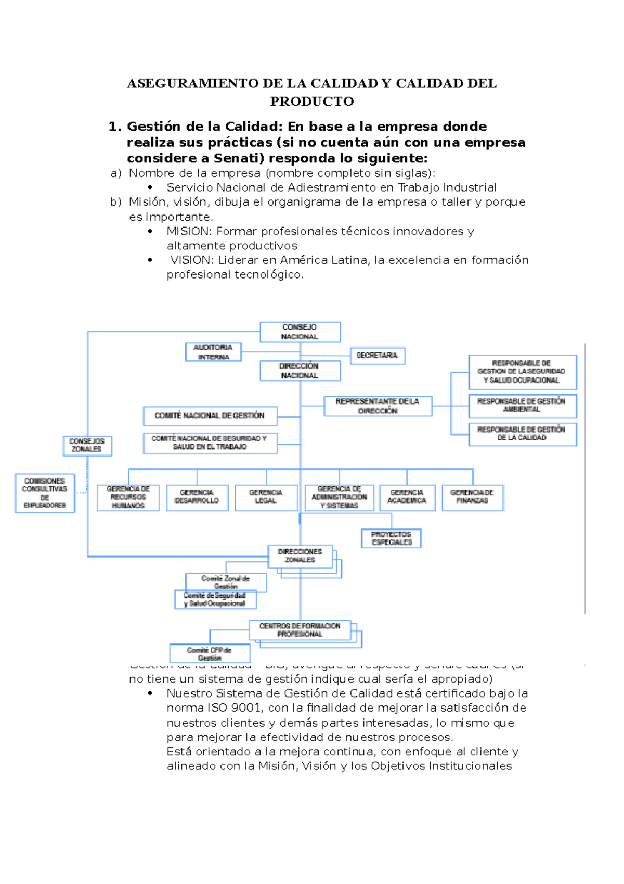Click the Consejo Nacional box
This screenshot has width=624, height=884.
[x=300, y=332]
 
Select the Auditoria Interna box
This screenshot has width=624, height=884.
[x=213, y=352]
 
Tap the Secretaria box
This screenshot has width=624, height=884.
[x=377, y=356]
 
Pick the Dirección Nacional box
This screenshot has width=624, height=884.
[x=300, y=371]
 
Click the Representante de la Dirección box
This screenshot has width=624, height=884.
[x=378, y=406]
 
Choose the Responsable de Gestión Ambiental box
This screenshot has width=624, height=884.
[x=522, y=406]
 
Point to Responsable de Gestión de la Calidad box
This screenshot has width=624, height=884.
[x=522, y=434]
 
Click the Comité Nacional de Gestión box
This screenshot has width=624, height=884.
[x=210, y=415]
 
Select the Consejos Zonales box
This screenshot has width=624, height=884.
[x=87, y=446]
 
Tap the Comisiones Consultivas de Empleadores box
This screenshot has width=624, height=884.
[x=45, y=492]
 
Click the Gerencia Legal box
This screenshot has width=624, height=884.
[x=266, y=497]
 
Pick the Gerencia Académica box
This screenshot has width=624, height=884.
[x=407, y=497]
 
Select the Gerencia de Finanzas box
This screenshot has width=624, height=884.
[x=472, y=497]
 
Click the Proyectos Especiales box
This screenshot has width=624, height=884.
[x=391, y=538]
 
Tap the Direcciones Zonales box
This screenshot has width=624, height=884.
[x=300, y=556]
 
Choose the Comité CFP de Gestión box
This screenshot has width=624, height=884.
[x=210, y=653]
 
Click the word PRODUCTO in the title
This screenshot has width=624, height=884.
[x=312, y=102]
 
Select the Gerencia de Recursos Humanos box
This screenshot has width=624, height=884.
[x=128, y=497]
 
